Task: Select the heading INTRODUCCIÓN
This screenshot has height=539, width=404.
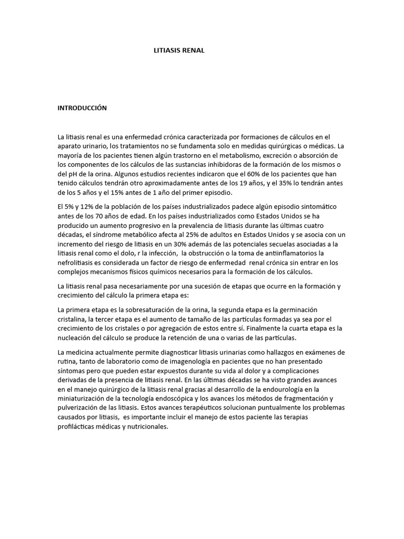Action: [x=82, y=108]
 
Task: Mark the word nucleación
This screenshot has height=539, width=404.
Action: [x=78, y=337]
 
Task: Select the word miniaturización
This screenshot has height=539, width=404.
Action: [x=86, y=398]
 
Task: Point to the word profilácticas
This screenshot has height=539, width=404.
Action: [x=78, y=427]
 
